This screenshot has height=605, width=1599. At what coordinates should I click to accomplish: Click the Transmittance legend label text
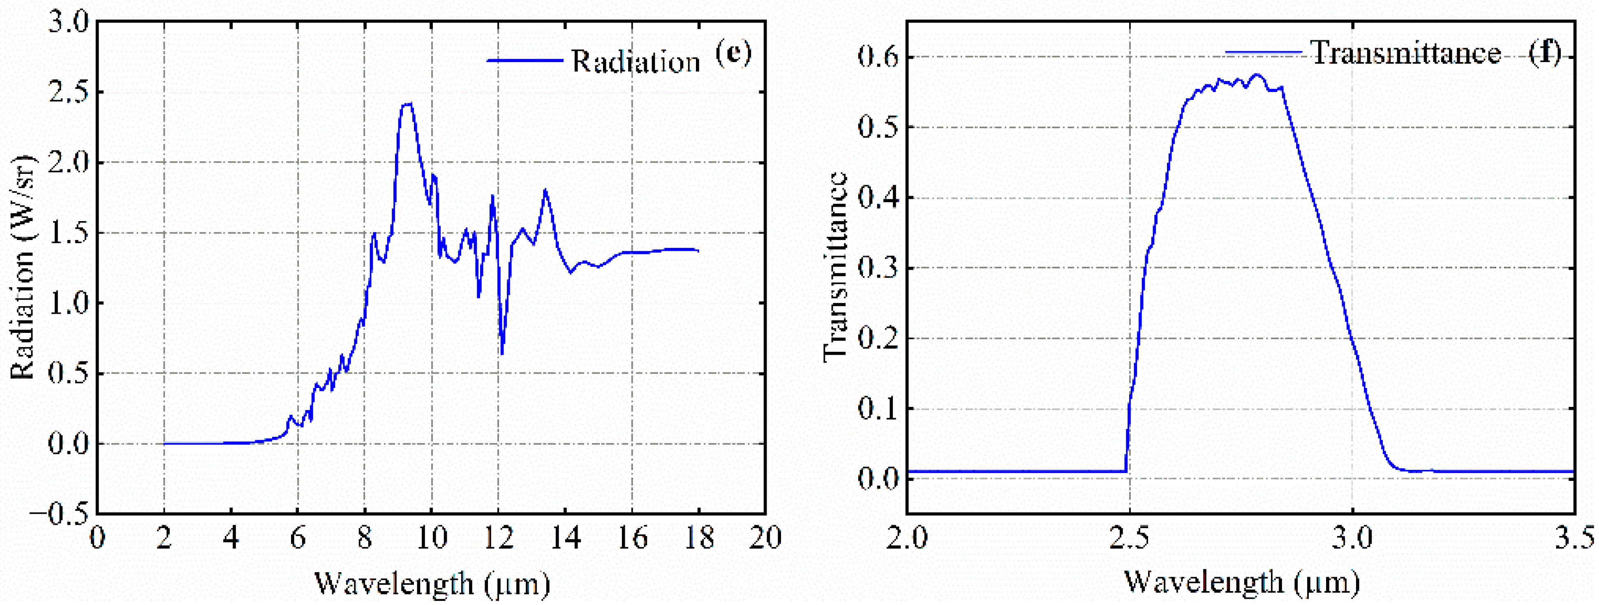tap(1405, 53)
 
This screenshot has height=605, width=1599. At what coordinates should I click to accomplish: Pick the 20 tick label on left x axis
tap(765, 537)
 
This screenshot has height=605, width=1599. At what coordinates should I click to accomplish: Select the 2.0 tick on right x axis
tap(906, 537)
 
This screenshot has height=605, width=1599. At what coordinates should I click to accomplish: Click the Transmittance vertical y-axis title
tap(835, 267)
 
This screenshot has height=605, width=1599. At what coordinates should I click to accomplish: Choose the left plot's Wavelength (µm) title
tap(432, 583)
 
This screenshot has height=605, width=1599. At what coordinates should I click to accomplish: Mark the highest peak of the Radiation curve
tap(407, 104)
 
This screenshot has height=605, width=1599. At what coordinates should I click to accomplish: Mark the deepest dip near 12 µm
tap(501, 354)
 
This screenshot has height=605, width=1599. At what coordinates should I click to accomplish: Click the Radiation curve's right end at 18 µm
tap(698, 251)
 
